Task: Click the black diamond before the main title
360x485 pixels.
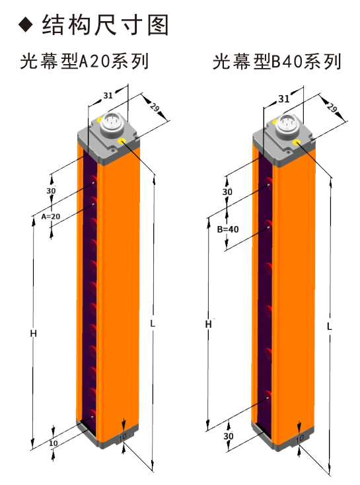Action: click(25, 24)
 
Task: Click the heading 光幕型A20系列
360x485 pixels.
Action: click(85, 61)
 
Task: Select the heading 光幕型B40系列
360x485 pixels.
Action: click(277, 61)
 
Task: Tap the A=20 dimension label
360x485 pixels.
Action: click(51, 217)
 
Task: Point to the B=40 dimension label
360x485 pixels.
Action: click(228, 229)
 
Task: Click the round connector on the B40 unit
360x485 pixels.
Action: click(287, 124)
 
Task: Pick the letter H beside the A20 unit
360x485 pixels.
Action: click(34, 334)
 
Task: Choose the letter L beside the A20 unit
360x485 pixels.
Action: click(153, 324)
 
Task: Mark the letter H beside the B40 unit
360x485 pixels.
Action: click(209, 324)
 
